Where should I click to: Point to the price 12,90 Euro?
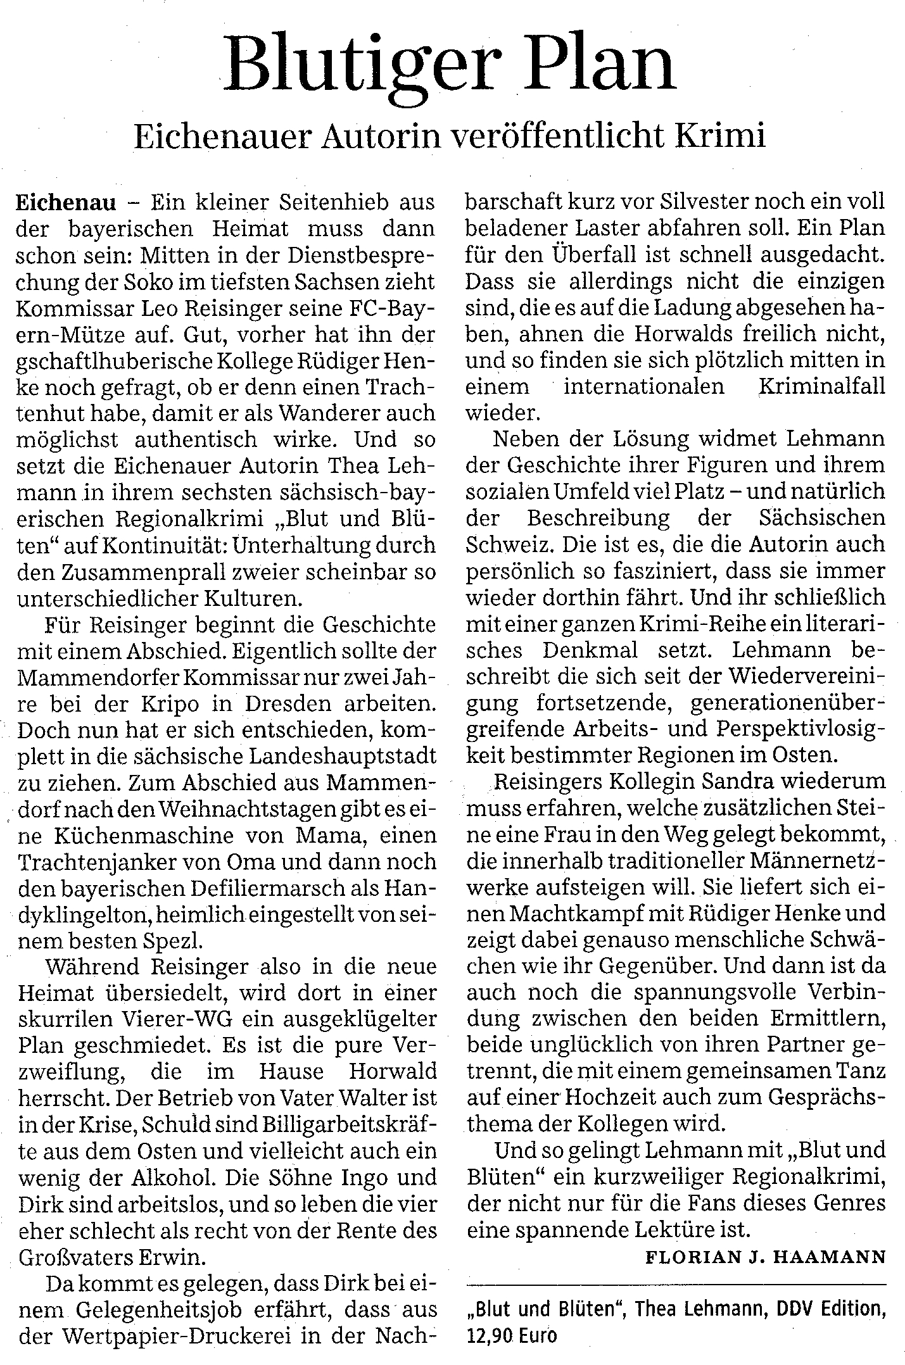tap(512, 1338)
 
